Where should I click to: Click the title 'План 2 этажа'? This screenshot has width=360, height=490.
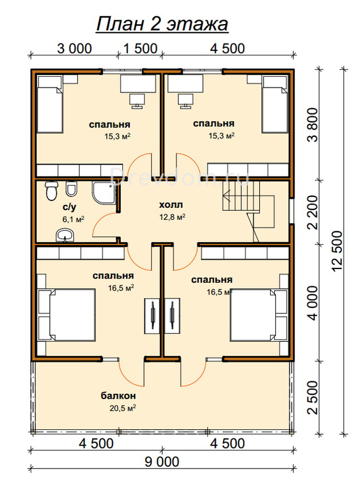coord(162,24)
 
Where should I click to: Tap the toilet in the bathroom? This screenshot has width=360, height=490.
coord(51,190)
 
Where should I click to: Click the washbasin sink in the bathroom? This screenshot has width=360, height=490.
coord(65,235)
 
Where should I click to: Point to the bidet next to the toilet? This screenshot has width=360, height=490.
coord(71,189)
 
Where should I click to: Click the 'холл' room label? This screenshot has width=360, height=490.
coord(171,205)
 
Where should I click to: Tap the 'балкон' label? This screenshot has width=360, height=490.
coord(118,396)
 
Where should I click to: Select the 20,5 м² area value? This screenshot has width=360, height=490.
coord(123,408)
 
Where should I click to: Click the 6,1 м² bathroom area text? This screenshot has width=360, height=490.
coord(73,219)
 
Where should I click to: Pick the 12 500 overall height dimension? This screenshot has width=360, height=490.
coord(337,251)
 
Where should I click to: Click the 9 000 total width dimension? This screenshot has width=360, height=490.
coord(162,462)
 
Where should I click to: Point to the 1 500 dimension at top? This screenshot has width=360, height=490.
coord(140,49)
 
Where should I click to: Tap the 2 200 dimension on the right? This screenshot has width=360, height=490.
coord(312,212)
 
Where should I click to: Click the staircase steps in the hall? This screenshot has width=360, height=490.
coord(241,196)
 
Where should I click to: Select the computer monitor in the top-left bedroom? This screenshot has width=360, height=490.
coord(137,101)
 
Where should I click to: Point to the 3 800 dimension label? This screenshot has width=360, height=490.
coord(312,125)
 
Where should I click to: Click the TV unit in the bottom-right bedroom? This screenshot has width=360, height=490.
coord(172,316)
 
